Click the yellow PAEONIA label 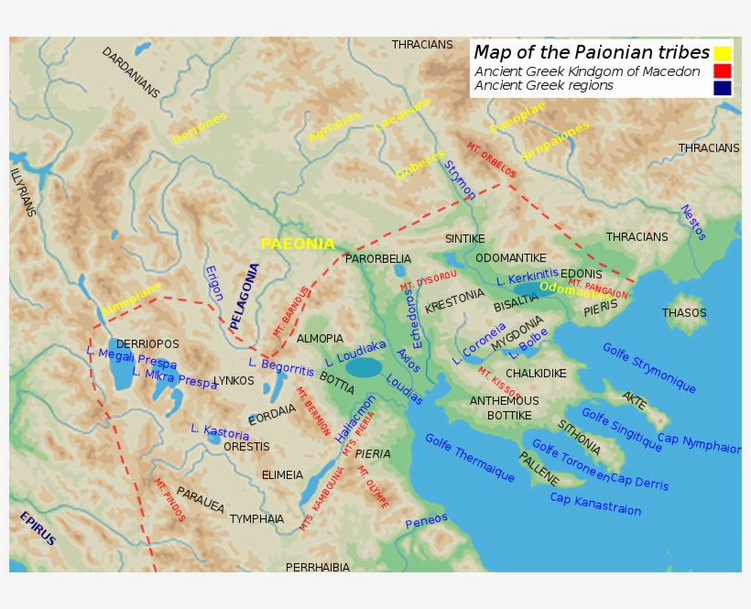click(298, 244)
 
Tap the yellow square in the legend click(723, 53)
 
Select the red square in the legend click(723, 71)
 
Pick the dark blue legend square click(723, 88)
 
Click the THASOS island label click(684, 313)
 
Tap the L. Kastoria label click(220, 431)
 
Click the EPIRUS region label click(38, 528)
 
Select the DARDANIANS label click(130, 72)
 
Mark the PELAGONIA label click(245, 297)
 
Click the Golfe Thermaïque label click(469, 457)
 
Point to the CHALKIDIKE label click(536, 374)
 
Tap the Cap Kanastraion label click(595, 504)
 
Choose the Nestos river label click(692, 223)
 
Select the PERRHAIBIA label click(318, 568)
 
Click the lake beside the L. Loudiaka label click(364, 367)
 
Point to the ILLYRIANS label click(22, 191)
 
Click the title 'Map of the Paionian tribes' click(592, 52)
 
